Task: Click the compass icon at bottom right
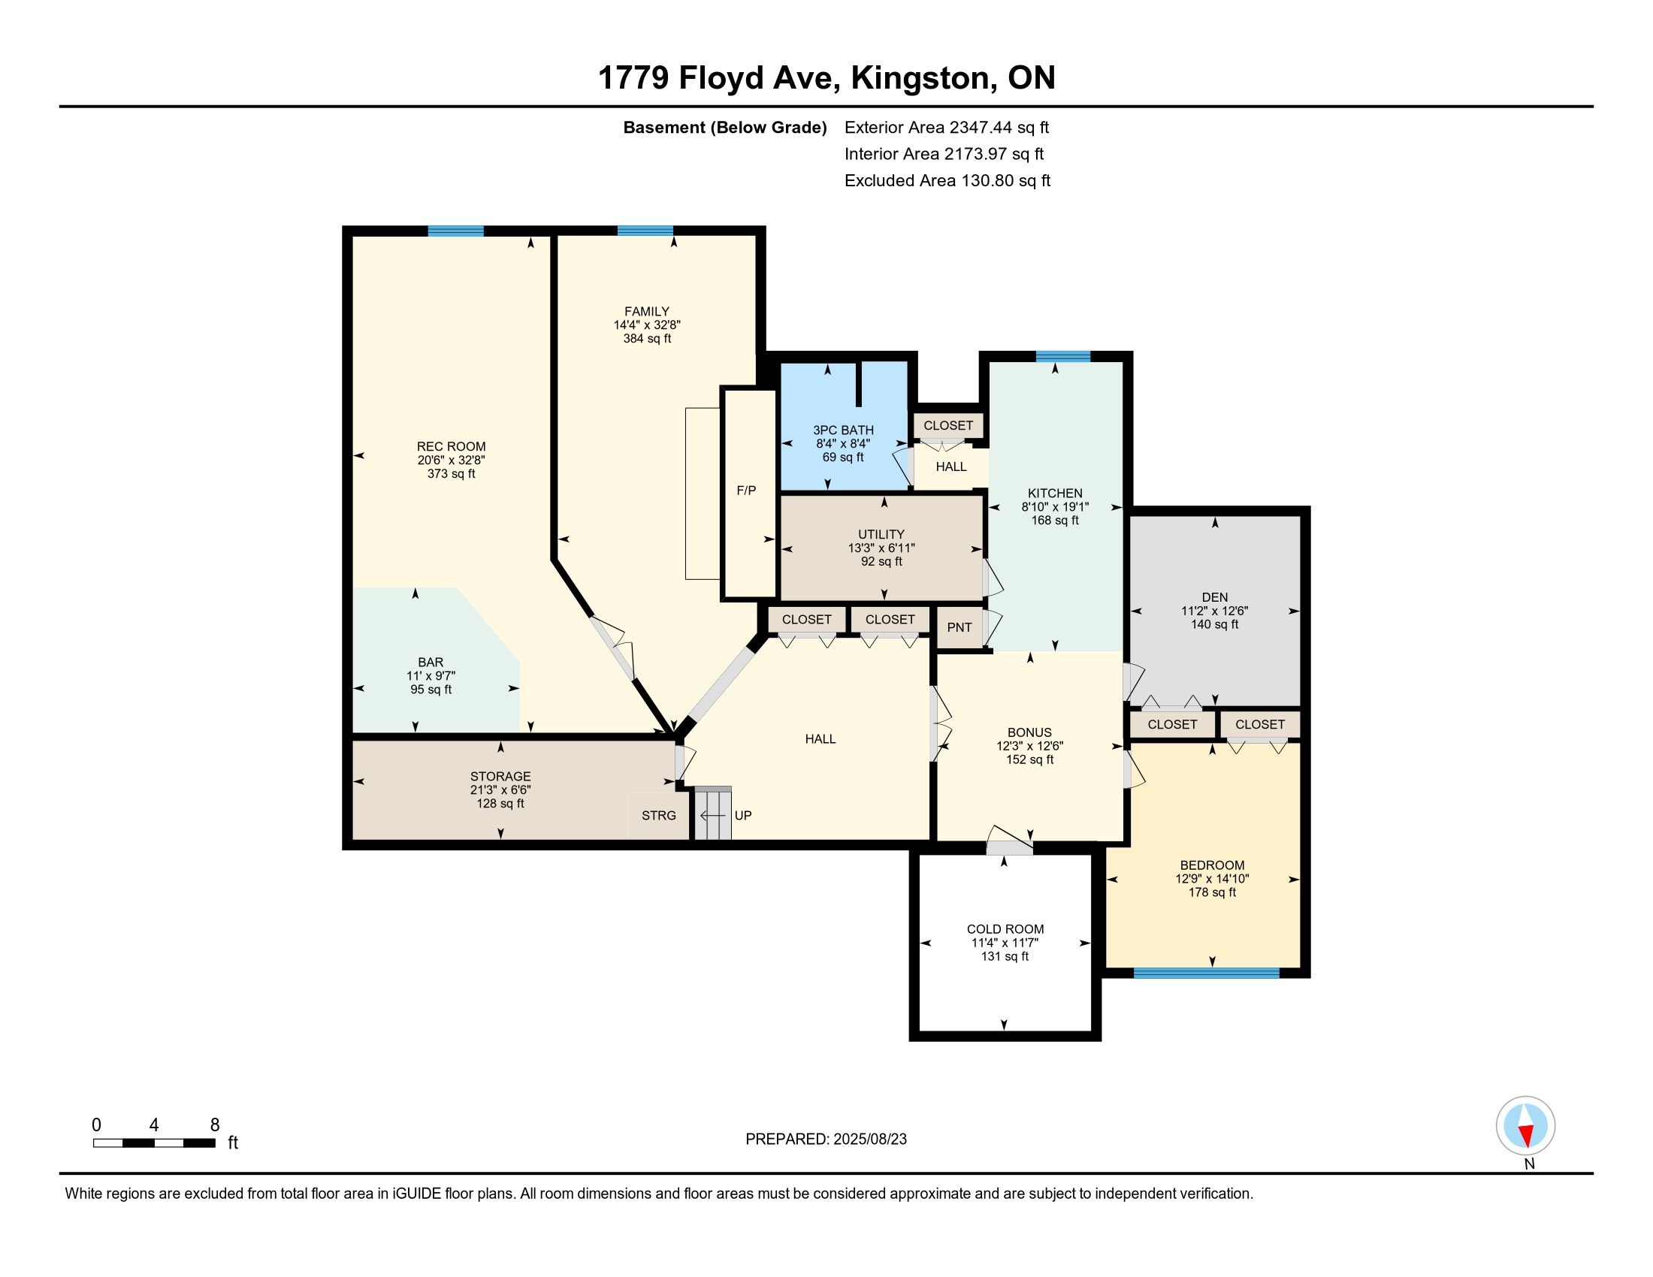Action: click(x=1525, y=1125)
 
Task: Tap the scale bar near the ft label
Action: click(x=153, y=1143)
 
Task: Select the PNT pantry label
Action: click(x=959, y=627)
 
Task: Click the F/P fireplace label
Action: click(x=746, y=491)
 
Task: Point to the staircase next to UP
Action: click(x=714, y=814)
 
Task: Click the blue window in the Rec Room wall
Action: click(x=455, y=231)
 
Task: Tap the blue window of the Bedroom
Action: click(x=1207, y=973)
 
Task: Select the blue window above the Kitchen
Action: click(x=1063, y=357)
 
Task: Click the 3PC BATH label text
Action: click(x=843, y=430)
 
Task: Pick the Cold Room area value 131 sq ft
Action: click(x=1005, y=956)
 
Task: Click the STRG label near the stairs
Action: click(x=658, y=816)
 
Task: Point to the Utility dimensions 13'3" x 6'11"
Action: click(x=882, y=548)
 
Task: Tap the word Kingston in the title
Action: click(x=920, y=78)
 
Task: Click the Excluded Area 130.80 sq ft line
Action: click(x=947, y=181)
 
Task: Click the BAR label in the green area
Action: click(x=431, y=662)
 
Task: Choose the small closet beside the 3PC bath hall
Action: click(x=948, y=425)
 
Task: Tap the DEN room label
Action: click(x=1215, y=597)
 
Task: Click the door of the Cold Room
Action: click(x=1010, y=840)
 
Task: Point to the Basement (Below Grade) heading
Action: click(x=724, y=128)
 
